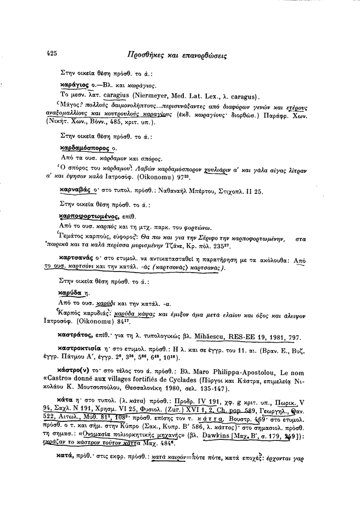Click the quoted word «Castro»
(x=72, y=382)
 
